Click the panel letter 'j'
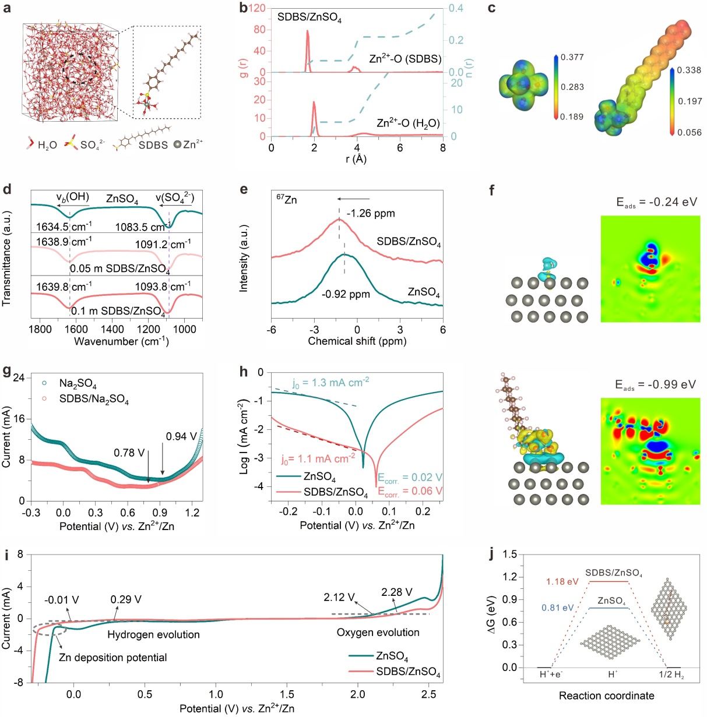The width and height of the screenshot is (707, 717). [x=492, y=554]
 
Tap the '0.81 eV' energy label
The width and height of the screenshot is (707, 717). [x=558, y=608]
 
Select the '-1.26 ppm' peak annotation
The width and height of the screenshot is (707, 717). [x=371, y=214]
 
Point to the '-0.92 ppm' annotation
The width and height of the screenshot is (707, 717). [x=346, y=294]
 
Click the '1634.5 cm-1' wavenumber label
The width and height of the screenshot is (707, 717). [x=64, y=227]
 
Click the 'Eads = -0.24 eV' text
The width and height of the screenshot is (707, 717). [x=656, y=203]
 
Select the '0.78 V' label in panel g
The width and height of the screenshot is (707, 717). [x=129, y=453]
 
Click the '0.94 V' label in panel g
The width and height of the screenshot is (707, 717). [x=181, y=437]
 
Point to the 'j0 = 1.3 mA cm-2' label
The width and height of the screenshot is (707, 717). [x=330, y=383]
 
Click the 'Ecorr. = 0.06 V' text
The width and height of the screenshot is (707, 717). [x=410, y=492]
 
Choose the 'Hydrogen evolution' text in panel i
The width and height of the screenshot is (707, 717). [x=153, y=635]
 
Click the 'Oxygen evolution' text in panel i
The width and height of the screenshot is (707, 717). [x=378, y=633]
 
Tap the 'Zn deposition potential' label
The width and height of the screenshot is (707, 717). [x=113, y=658]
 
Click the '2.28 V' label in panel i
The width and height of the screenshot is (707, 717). [x=397, y=592]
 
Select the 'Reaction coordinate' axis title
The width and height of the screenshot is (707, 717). [x=606, y=696]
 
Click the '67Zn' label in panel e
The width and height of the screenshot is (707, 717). [x=286, y=200]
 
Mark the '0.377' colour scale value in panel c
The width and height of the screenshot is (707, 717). [x=572, y=57]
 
